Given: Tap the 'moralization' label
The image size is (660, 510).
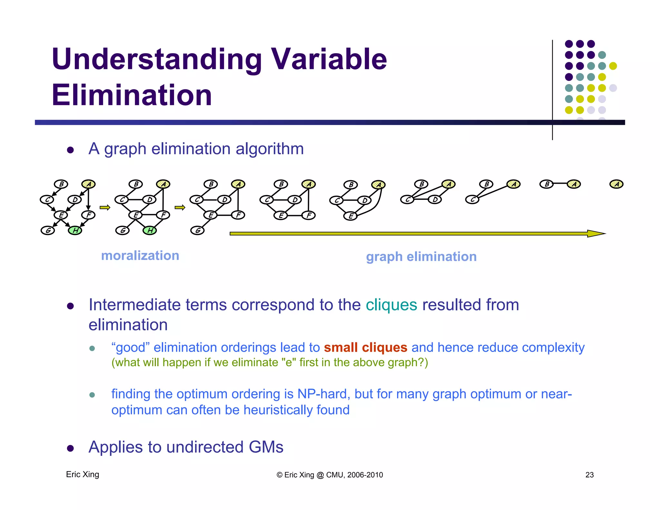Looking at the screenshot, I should click(x=140, y=256).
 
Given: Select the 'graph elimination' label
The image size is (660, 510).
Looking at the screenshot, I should click(x=421, y=257).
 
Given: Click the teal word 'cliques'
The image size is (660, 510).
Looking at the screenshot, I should click(x=391, y=305).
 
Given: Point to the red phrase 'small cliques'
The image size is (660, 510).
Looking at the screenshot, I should click(x=365, y=348).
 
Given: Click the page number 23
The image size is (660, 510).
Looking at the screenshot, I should click(x=589, y=475).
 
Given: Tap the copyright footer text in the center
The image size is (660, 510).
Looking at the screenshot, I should click(x=330, y=475).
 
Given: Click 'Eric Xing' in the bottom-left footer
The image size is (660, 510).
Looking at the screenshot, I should click(x=82, y=474).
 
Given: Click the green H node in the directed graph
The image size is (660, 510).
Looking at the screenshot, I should click(x=75, y=230).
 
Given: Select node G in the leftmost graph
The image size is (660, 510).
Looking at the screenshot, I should click(x=48, y=230).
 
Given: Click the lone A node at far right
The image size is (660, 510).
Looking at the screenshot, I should click(x=616, y=184).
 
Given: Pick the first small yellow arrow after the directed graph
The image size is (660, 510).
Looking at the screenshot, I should click(x=105, y=208).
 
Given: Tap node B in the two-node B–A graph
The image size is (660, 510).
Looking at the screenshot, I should click(x=547, y=184).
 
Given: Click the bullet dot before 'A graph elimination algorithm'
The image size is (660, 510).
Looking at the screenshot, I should click(x=71, y=150).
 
